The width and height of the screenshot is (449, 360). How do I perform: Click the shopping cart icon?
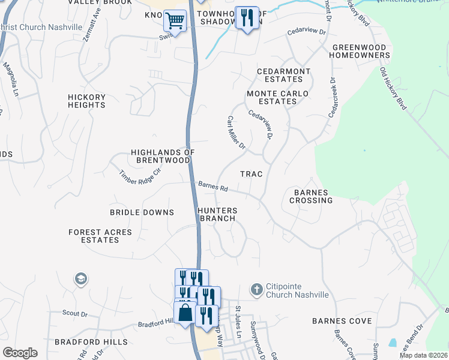175,21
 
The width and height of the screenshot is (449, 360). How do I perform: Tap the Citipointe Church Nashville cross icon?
256,289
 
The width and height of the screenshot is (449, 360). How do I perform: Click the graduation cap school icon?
80,279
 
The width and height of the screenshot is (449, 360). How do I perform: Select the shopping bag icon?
185,313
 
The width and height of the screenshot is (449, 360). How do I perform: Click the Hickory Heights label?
86,101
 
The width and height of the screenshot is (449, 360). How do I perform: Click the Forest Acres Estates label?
94,236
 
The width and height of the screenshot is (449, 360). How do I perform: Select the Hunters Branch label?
218,215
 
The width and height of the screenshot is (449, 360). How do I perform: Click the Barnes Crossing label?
310,196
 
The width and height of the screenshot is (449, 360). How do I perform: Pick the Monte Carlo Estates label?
277,97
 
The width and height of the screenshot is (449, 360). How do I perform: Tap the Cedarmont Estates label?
284,75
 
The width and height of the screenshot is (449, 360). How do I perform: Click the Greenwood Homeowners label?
360,51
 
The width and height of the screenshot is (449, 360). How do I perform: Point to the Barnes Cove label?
342,321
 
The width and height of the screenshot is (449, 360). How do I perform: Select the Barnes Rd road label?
213,187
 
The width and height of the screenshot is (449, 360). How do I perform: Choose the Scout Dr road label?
75,313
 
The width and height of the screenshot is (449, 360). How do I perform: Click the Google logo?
20,353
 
